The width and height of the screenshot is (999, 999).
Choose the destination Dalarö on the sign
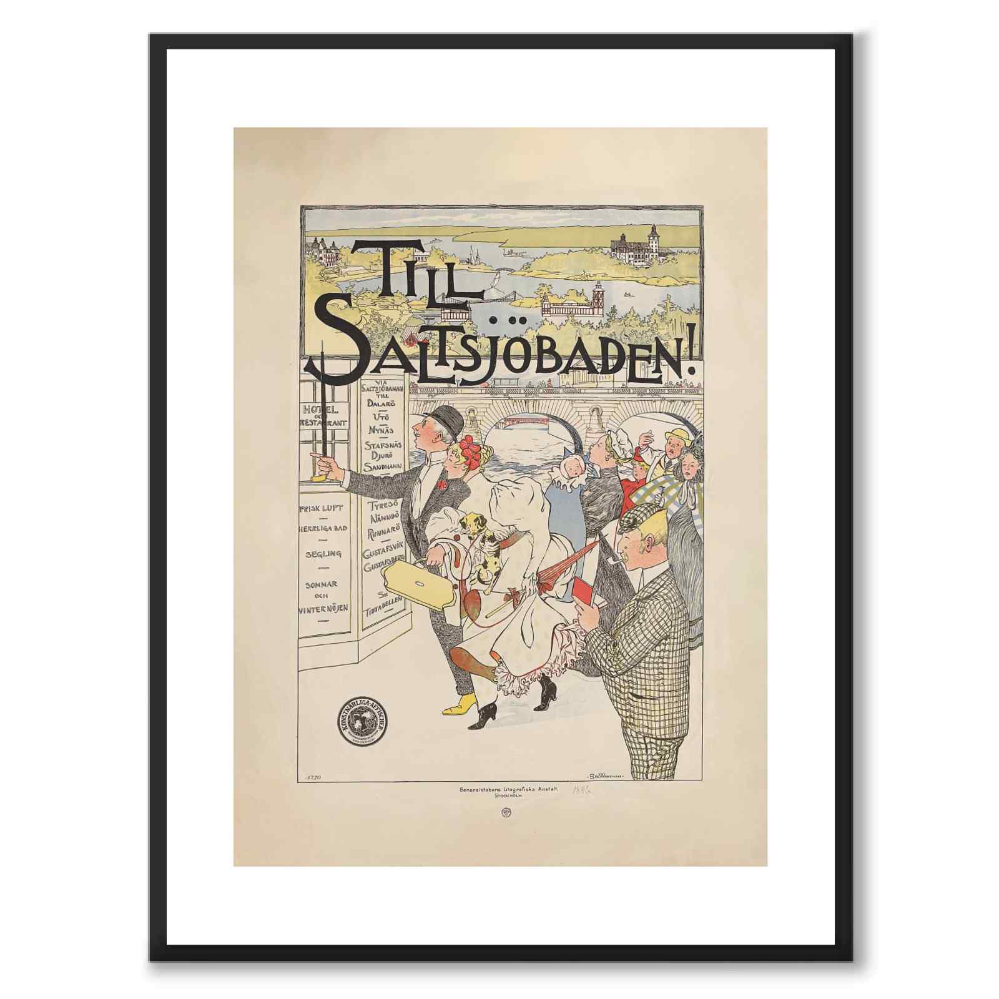tap(385, 403)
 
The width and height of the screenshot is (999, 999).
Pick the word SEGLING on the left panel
tap(323, 554)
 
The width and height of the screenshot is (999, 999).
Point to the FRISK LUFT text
tap(323, 508)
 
